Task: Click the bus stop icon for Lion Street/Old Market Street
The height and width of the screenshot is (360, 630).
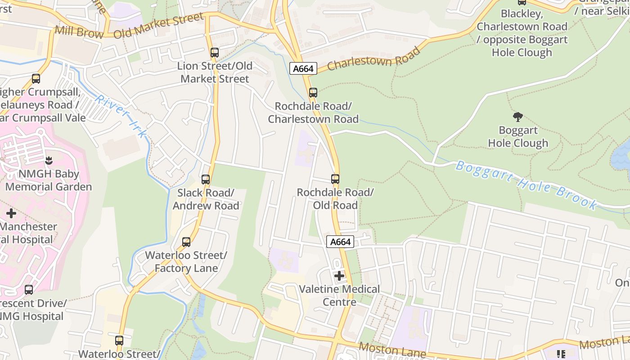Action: (215, 53)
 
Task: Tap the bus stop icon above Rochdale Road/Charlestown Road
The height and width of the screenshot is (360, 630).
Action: (313, 93)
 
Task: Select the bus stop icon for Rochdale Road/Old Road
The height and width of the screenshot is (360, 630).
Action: (335, 179)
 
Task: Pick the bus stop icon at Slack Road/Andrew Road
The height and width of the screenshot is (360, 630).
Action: (206, 180)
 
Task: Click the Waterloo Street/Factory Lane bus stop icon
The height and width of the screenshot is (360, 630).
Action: (186, 242)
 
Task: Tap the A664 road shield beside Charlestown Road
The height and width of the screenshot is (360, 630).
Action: (303, 68)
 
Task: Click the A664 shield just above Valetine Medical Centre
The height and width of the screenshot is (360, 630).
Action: (340, 242)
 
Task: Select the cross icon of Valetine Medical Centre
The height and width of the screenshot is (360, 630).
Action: (339, 276)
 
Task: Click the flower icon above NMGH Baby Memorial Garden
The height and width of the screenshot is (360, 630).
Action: (49, 160)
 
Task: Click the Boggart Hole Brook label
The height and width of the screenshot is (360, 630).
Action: (526, 184)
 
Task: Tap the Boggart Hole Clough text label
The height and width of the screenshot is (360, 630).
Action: (518, 137)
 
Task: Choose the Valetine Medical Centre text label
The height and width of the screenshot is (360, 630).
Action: (340, 295)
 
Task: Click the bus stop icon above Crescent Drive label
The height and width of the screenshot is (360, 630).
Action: (29, 290)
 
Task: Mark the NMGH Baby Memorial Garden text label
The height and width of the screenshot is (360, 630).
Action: (49, 180)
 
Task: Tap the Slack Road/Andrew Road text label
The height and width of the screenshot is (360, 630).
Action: (206, 199)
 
